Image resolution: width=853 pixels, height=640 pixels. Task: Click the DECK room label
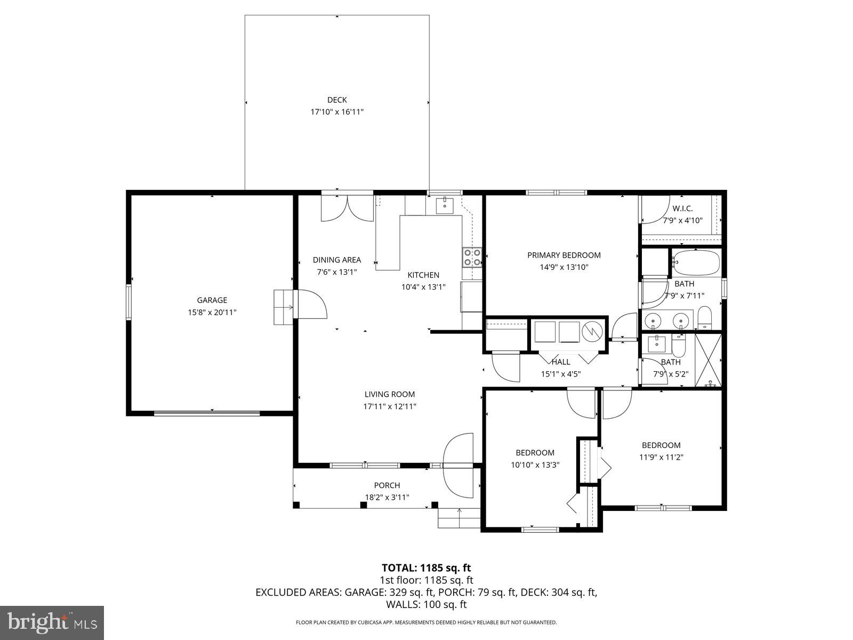(x=337, y=100)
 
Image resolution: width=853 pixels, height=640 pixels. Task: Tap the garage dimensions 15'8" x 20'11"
(x=212, y=313)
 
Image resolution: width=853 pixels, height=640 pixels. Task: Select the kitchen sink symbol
(x=444, y=205)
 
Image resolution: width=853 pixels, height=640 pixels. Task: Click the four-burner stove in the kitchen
(x=472, y=258)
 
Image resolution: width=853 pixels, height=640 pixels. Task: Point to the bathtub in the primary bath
(x=696, y=262)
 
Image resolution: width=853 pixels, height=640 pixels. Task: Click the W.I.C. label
(x=682, y=209)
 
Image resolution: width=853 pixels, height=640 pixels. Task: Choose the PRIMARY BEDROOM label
(x=564, y=255)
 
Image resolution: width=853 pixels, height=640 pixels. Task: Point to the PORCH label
(x=387, y=485)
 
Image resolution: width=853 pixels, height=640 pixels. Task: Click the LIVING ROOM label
(x=389, y=395)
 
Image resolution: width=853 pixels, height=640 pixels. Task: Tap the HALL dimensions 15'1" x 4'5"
(x=560, y=374)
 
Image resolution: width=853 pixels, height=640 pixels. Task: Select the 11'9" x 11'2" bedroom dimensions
(x=661, y=457)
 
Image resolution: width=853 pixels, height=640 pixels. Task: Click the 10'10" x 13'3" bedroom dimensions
(x=535, y=465)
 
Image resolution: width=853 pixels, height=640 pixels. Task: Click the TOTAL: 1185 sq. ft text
(x=426, y=568)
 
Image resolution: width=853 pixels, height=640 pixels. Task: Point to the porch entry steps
(x=459, y=517)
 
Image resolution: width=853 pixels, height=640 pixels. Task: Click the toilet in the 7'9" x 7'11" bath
(x=704, y=318)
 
